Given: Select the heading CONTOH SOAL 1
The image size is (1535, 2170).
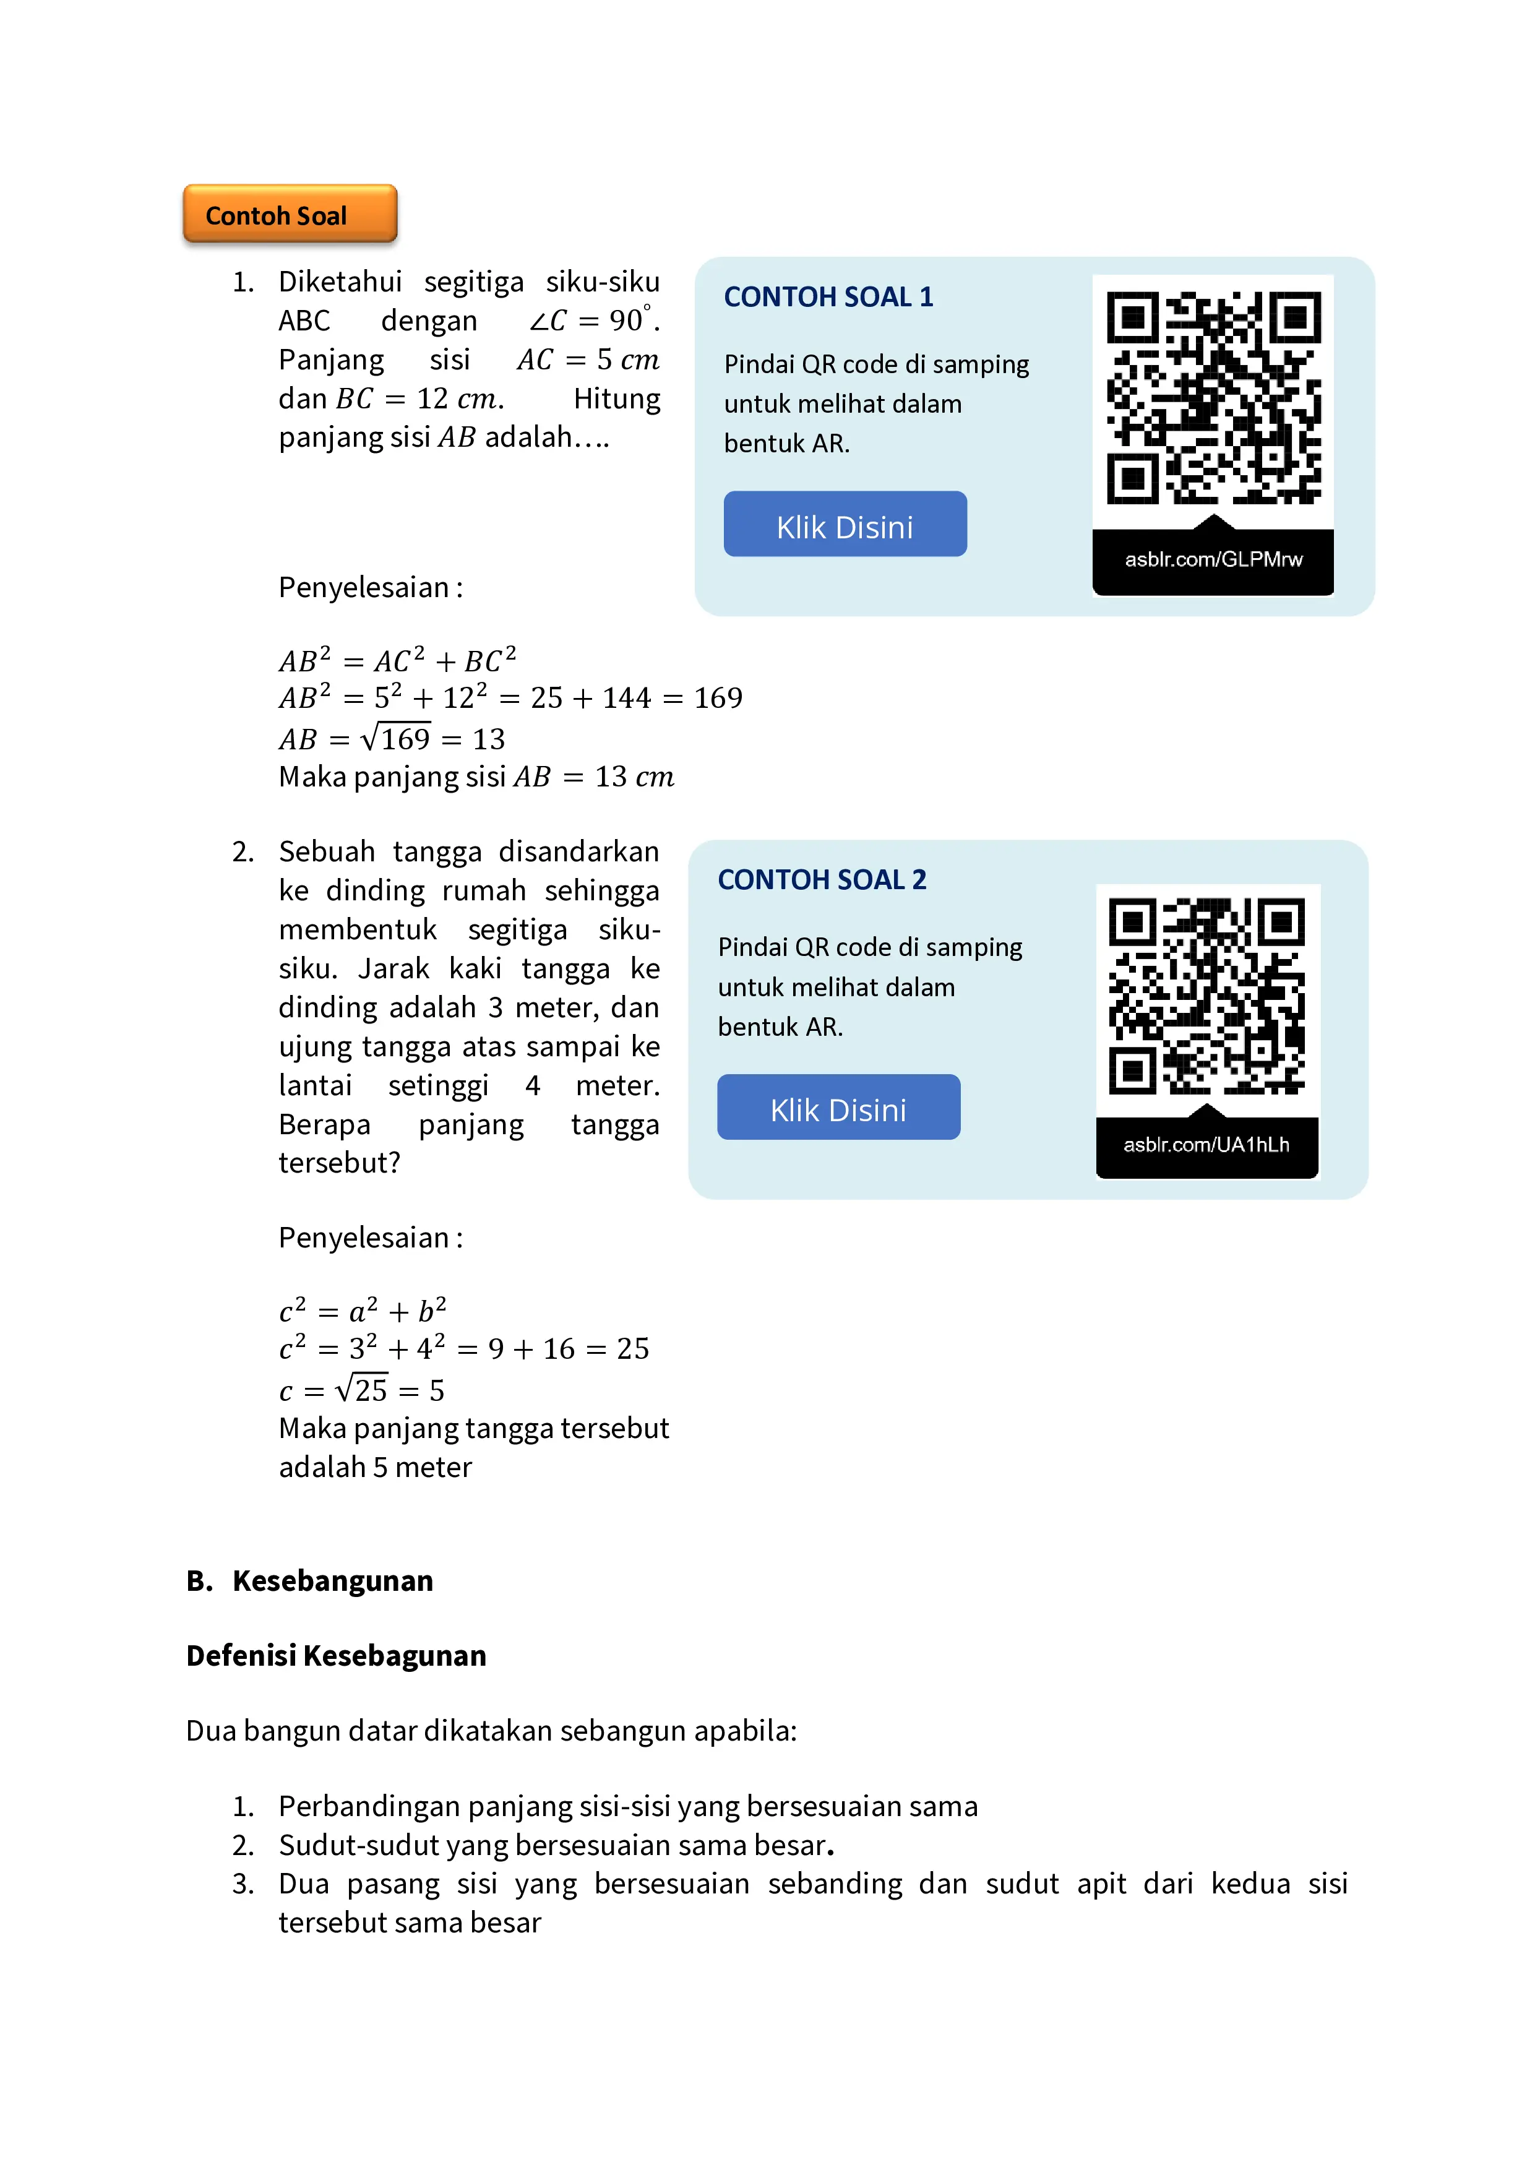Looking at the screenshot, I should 828,297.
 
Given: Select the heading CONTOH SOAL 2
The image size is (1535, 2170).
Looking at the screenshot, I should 822,880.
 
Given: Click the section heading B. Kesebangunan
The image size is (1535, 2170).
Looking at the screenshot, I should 310,1581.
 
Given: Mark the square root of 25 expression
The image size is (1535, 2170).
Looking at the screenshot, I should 361,1389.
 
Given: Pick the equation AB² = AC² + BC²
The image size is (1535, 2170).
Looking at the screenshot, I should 397,660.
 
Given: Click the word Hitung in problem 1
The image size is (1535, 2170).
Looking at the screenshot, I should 616,399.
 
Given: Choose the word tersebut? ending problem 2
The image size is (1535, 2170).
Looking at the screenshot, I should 339,1163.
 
